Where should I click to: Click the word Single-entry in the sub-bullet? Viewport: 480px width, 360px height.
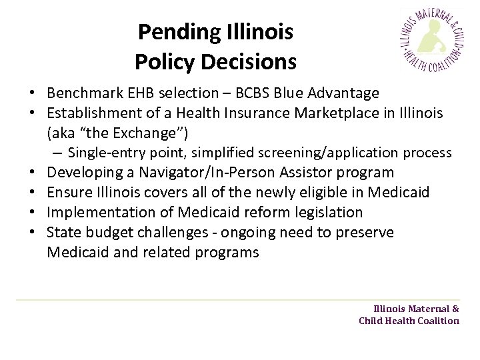click(106, 153)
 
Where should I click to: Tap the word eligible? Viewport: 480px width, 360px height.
click(324, 193)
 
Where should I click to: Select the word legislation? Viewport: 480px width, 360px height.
click(329, 213)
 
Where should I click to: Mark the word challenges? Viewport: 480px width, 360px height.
click(182, 233)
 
